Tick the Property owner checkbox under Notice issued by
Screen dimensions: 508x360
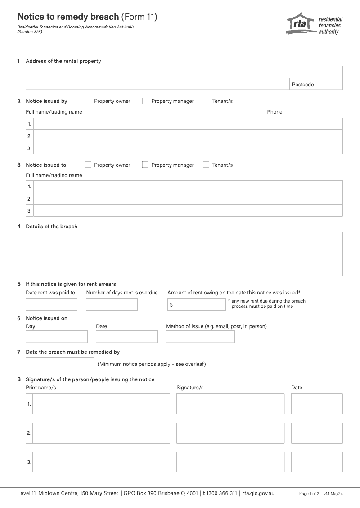(88, 101)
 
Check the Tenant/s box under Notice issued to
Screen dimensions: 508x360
(206, 165)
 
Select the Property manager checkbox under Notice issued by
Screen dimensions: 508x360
(145, 101)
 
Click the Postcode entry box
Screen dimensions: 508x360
(329, 84)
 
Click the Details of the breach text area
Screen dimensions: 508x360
(184, 254)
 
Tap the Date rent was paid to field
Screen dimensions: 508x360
(51, 304)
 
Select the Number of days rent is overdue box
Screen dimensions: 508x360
(112, 304)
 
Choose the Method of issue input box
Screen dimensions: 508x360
(200, 337)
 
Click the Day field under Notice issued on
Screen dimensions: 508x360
(57, 337)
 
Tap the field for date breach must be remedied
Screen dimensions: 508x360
(60, 364)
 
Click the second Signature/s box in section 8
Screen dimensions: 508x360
(230, 433)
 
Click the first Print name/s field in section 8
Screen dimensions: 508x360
(101, 404)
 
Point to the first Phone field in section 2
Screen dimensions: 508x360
(305, 124)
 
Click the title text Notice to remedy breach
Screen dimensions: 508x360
(68, 17)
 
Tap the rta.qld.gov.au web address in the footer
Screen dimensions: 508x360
(258, 493)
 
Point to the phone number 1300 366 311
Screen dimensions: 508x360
(221, 493)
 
